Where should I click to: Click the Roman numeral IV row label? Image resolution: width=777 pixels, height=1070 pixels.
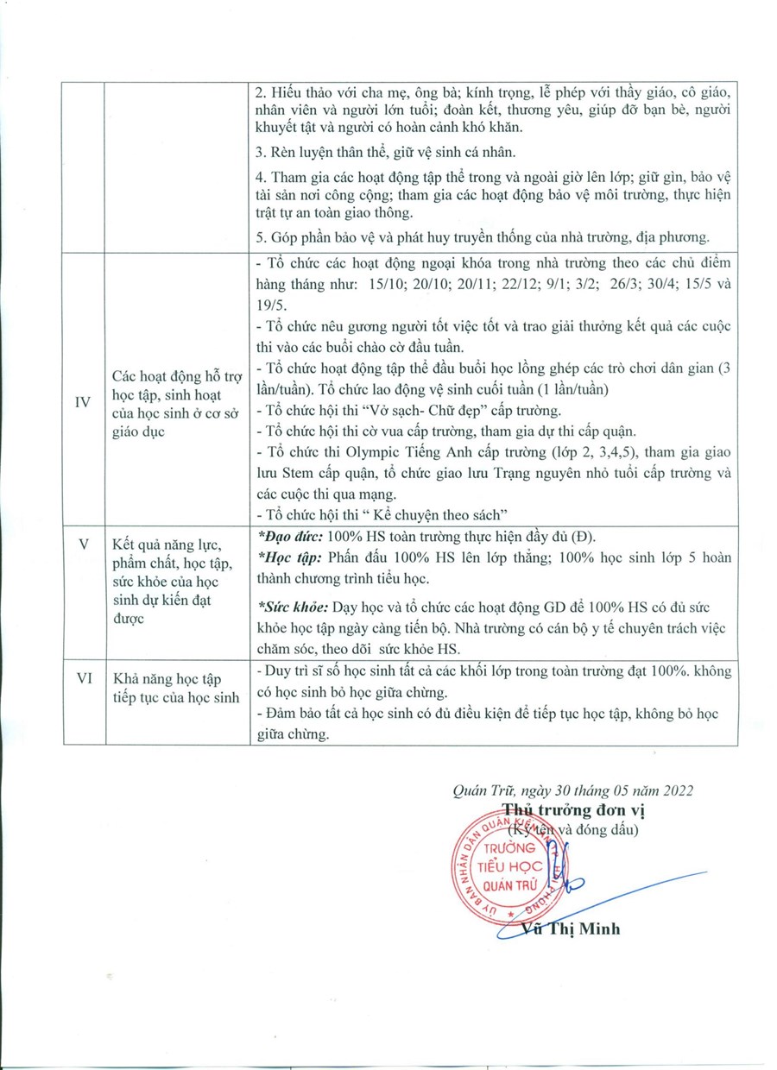tap(84, 403)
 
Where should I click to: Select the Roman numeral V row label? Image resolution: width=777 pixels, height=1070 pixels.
tap(84, 544)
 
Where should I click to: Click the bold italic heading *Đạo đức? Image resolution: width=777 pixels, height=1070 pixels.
tap(291, 535)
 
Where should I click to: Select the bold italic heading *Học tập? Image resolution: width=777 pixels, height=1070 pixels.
tap(289, 557)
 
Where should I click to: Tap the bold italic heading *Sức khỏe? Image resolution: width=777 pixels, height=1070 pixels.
tap(293, 608)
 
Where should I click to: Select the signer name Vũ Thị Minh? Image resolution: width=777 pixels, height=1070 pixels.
tap(571, 929)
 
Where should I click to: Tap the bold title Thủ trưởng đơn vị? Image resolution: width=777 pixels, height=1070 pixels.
tap(574, 810)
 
